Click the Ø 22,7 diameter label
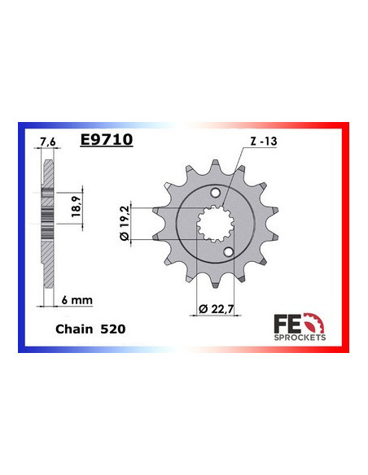[214, 307]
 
